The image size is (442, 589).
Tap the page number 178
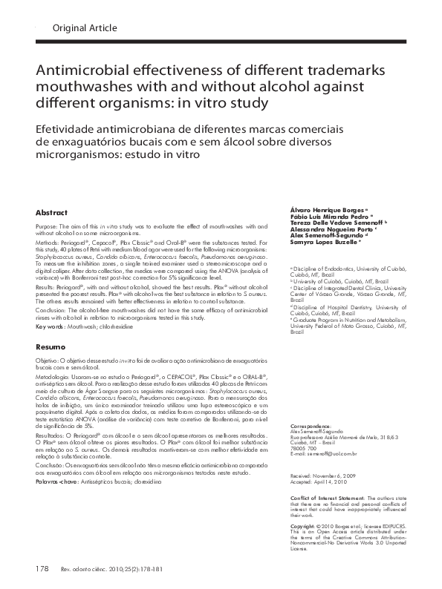click(x=42, y=570)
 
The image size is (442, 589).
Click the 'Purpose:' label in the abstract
click(x=46, y=226)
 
